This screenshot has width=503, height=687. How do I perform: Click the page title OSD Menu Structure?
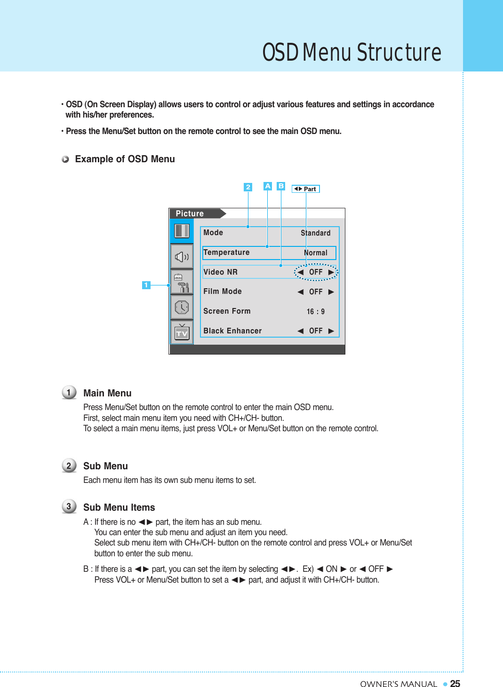point(351,52)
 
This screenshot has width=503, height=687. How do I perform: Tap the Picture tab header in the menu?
point(190,213)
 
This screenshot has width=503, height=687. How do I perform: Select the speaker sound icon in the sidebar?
point(182,257)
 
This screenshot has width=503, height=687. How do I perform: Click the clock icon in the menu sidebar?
point(182,308)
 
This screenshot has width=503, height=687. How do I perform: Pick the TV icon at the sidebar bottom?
point(182,332)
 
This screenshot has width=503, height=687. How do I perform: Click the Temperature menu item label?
point(226,253)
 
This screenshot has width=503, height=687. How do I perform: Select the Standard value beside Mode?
point(315,233)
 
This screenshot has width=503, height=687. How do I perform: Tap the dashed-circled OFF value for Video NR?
point(316,272)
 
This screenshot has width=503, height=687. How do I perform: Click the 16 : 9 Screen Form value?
point(315,311)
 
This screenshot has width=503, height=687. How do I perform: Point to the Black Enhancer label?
point(232,331)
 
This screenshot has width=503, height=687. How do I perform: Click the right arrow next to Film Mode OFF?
point(331,292)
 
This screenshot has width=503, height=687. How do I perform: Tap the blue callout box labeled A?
point(267,186)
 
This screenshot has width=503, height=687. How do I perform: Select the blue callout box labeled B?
point(281,186)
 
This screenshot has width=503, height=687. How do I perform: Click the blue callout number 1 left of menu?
point(146,285)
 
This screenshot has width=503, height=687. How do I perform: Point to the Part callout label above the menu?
point(306,189)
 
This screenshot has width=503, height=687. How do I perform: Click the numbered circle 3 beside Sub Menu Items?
point(69,506)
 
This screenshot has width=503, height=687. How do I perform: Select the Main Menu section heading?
point(107,393)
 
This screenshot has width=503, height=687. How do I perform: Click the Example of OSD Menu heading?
point(125,159)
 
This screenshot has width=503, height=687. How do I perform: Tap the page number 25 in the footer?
point(455,684)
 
